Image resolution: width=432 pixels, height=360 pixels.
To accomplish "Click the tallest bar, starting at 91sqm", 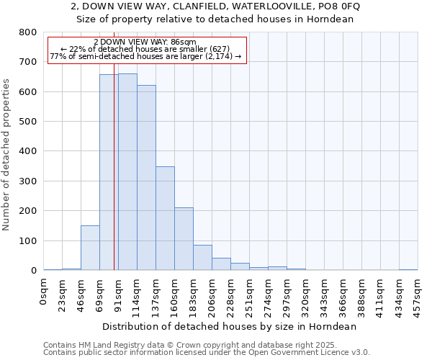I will (127, 172).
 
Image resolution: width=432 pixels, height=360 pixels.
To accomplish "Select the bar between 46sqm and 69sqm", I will (90, 248).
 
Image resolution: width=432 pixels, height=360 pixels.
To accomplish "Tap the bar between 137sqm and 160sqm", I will (165, 218).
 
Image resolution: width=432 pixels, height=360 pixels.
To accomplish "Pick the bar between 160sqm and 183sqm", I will (184, 239).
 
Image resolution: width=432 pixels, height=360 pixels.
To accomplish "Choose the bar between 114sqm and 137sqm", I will (146, 178).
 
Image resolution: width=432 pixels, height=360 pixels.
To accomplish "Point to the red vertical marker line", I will (114, 166).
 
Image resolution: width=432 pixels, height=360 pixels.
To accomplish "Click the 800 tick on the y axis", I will (28, 32).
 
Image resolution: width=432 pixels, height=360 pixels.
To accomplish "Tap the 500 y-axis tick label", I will (28, 122).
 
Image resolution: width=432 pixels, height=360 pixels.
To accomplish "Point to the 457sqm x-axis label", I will (418, 296).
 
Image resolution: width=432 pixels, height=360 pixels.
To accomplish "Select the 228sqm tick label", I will (231, 296).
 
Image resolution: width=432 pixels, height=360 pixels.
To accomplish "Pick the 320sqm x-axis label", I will (306, 296).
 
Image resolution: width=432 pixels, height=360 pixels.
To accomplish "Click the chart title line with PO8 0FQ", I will (215, 6).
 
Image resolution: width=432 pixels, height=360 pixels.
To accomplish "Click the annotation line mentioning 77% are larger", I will (145, 56).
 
